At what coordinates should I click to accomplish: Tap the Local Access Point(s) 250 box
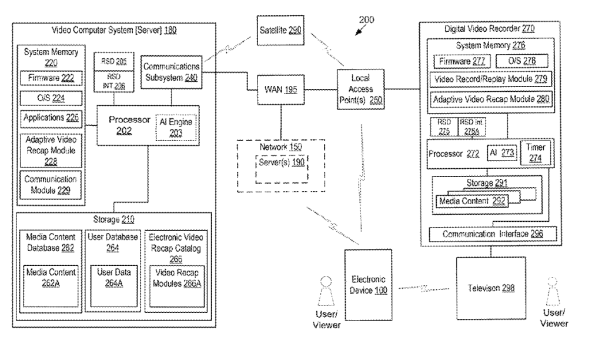pos(360,89)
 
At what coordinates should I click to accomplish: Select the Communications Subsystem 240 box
pos(172,72)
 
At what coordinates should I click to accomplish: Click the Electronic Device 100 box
pos(369,286)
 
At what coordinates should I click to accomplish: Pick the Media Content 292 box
pos(473,200)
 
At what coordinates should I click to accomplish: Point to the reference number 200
pos(365,19)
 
